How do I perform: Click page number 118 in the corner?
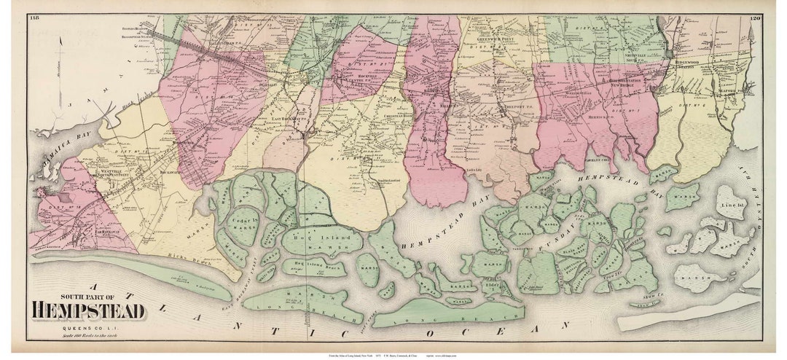tap(34, 18)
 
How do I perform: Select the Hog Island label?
tap(332, 237)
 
